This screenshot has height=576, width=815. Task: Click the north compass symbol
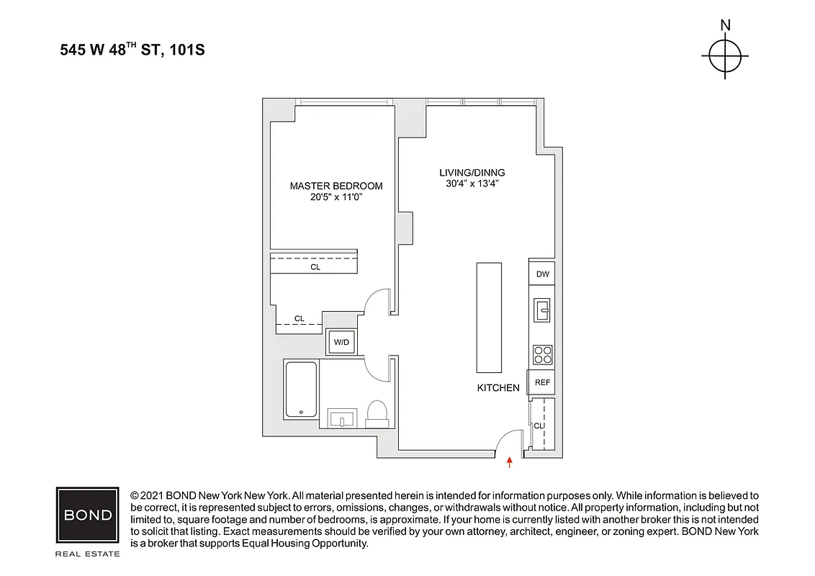click(x=725, y=56)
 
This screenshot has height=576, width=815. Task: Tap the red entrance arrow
click(x=510, y=463)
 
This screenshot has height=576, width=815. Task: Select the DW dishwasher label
click(x=543, y=274)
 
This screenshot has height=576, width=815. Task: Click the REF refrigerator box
click(x=542, y=382)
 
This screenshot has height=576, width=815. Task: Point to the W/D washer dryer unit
click(x=340, y=343)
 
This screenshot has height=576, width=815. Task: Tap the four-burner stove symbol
click(x=542, y=354)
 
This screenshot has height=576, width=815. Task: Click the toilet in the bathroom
click(x=377, y=412)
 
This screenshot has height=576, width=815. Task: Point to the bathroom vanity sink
click(x=342, y=418)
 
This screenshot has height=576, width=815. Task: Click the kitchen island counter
click(x=489, y=317)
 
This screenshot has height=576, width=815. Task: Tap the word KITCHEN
click(x=498, y=388)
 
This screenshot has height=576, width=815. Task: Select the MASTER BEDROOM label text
click(x=336, y=186)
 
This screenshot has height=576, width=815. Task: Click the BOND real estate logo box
click(x=88, y=515)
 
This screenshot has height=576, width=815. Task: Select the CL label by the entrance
click(x=538, y=426)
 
